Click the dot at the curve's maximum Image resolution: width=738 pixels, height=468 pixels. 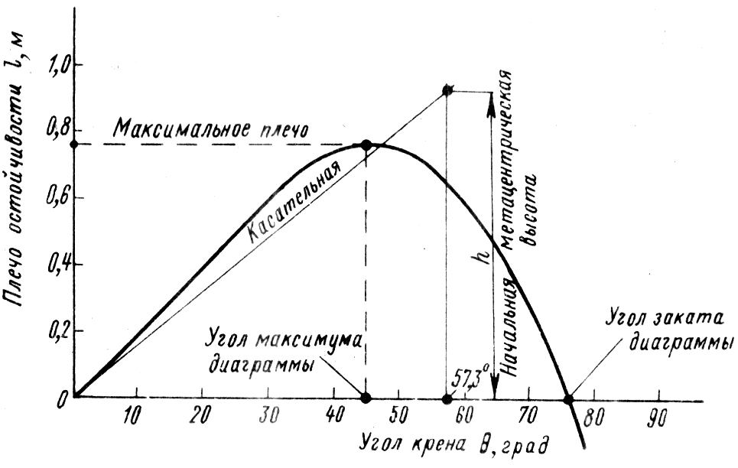366,145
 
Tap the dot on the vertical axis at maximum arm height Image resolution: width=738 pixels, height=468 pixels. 73,144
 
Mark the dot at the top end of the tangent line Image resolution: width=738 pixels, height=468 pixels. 447,90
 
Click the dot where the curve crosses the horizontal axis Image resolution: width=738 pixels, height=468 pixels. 568,398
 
